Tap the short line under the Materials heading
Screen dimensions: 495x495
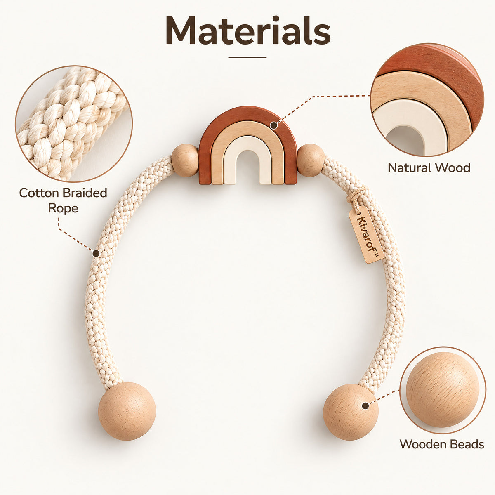point(247,57)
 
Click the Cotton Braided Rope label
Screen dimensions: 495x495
point(63,200)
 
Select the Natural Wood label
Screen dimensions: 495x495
point(429,168)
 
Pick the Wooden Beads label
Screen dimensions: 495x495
point(442,444)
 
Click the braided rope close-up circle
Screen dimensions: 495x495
point(74,124)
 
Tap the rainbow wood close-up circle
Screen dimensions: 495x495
point(427,100)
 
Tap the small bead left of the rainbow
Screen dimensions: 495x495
point(185,160)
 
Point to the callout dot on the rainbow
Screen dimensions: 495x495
point(274,125)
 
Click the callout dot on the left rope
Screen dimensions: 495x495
point(96,254)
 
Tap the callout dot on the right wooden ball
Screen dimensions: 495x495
point(365,406)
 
